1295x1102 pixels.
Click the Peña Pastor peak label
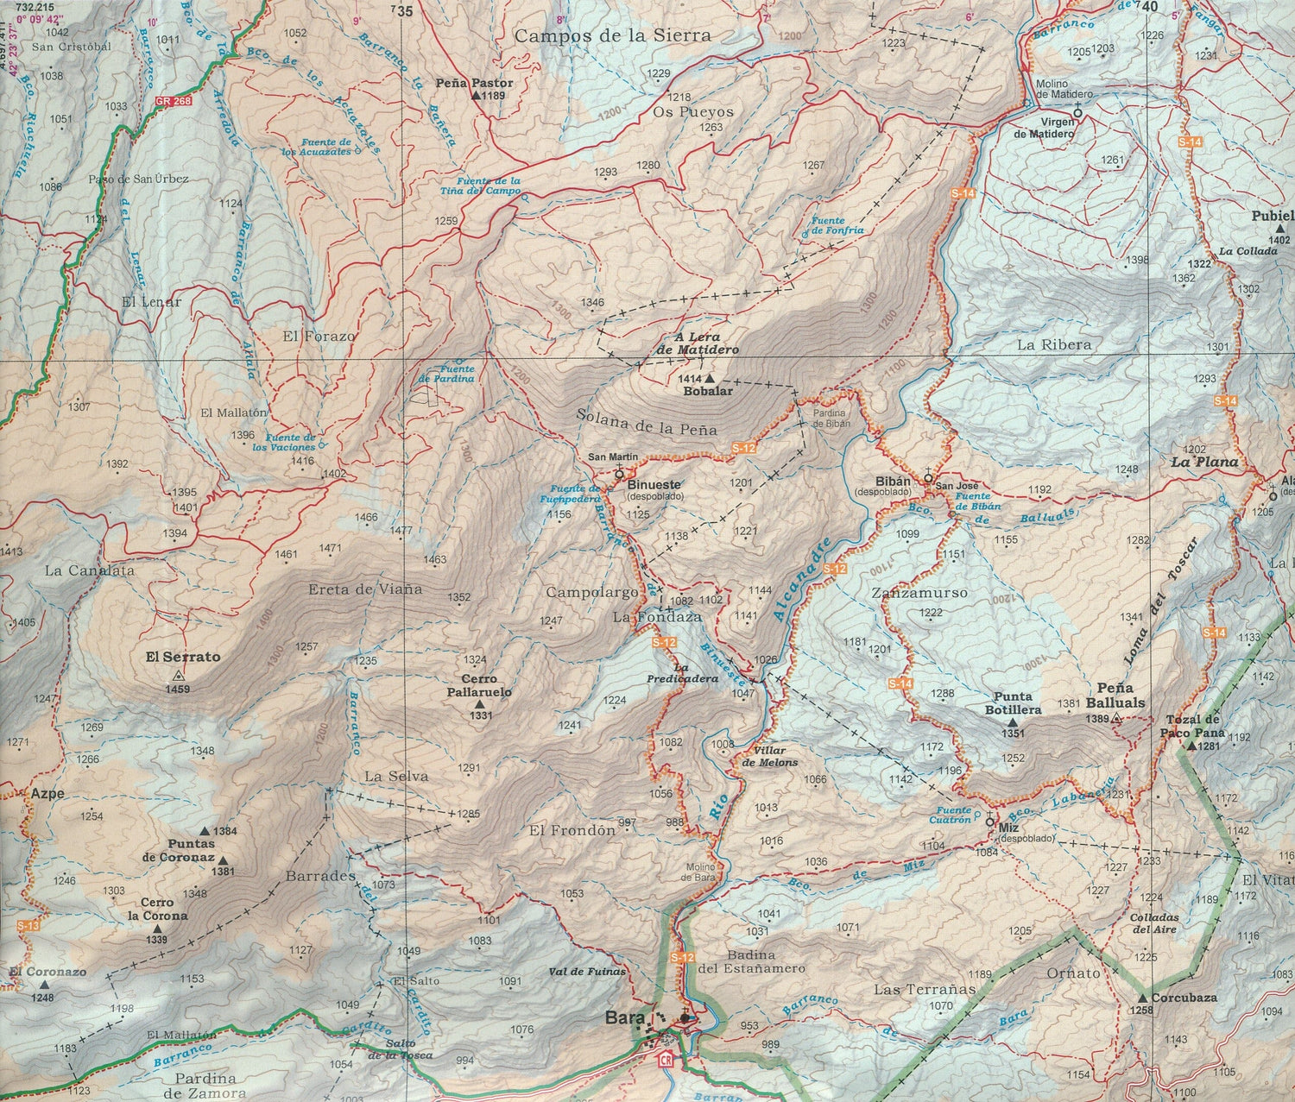(x=480, y=84)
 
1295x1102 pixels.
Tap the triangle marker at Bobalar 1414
(x=710, y=378)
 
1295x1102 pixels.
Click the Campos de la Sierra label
(x=613, y=35)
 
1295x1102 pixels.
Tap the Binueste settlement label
(x=654, y=485)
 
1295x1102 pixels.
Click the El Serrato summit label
(x=182, y=657)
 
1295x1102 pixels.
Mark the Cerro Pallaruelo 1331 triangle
(x=479, y=705)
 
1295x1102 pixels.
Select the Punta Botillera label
(x=1013, y=703)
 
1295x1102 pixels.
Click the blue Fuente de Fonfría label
(x=840, y=225)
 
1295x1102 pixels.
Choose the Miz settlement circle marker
(x=989, y=822)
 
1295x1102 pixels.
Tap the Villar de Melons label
(x=770, y=757)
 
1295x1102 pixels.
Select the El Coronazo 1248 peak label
(x=48, y=972)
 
